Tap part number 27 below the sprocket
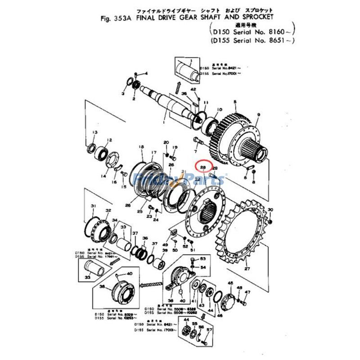(247, 269)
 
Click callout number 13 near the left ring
(94, 132)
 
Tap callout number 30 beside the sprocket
(270, 210)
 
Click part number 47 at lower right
(260, 292)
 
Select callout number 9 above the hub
(258, 115)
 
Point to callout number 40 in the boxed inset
(130, 273)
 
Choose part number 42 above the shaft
(193, 90)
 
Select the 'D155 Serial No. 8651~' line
(252, 41)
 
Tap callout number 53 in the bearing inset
(202, 259)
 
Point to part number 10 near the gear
(220, 110)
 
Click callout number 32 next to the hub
(108, 211)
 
